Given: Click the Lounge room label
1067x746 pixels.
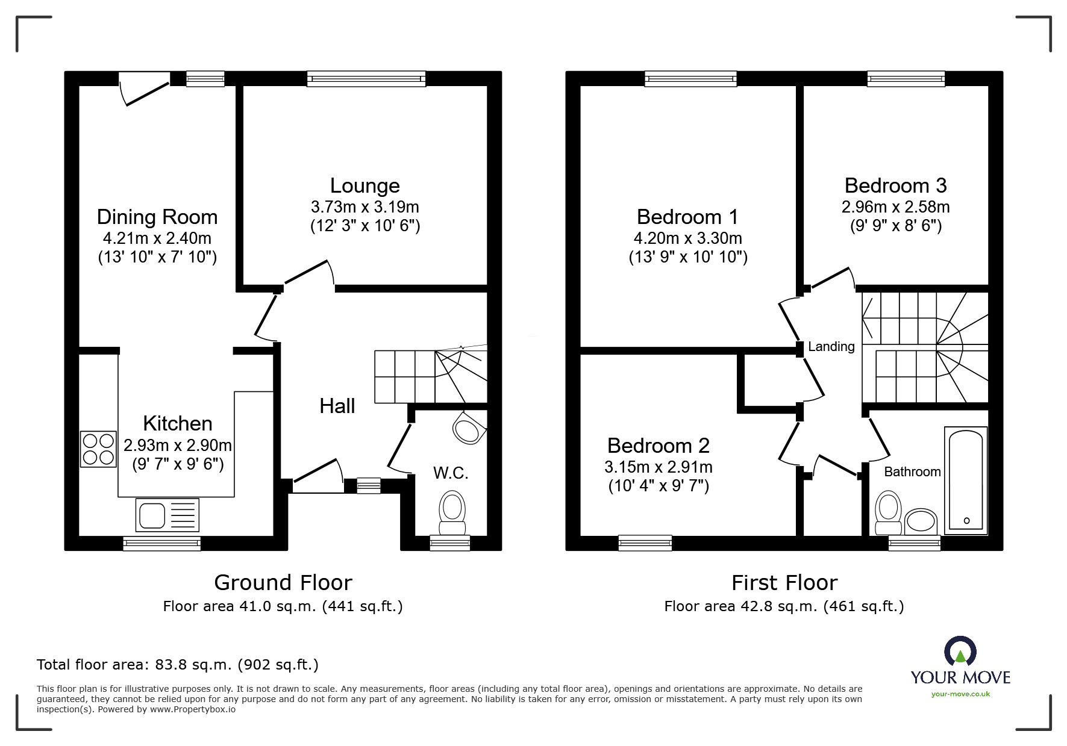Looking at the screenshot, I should [x=365, y=185].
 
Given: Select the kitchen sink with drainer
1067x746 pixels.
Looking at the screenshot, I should [x=167, y=515].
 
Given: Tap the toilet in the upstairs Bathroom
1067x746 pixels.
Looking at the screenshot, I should [x=889, y=511].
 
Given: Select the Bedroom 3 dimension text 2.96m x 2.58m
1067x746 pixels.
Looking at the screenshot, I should [x=895, y=207].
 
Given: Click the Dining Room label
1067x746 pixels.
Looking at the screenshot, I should [x=157, y=217].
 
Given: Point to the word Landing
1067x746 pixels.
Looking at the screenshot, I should [x=831, y=346].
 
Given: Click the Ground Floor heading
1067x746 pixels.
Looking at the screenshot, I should [x=283, y=582].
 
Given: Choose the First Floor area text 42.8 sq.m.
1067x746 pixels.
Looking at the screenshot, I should [x=784, y=606].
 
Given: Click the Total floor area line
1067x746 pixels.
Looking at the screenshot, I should [x=178, y=665].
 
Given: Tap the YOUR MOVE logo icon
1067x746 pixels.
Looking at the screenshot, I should [x=960, y=652].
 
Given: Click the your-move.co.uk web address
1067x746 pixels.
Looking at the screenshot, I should [x=960, y=694].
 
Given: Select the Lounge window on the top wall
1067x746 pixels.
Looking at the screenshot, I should [x=366, y=78].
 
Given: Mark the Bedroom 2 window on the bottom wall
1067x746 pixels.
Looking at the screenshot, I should [x=645, y=542].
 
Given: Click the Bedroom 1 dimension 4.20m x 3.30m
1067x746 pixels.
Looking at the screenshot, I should [x=687, y=238].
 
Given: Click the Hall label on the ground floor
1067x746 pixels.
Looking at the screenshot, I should [x=337, y=406].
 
